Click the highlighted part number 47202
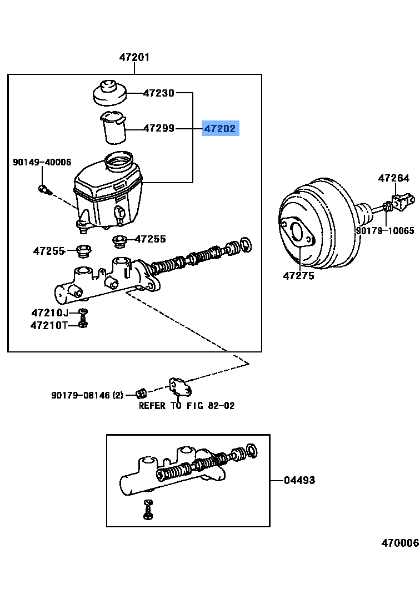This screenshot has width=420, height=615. tap(220, 129)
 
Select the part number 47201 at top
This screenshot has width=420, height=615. tap(134, 57)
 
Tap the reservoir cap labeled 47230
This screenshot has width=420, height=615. tap(109, 93)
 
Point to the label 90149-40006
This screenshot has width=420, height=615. tap(42, 162)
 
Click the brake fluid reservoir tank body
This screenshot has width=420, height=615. tap(108, 191)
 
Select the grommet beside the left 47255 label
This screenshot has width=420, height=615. tap(83, 250)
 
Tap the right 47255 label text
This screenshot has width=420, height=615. tap(151, 239)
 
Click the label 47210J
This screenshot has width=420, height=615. tap(49, 312)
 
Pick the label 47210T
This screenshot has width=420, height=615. tap(48, 325)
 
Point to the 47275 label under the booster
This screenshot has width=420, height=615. tap(298, 276)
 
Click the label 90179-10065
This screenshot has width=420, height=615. tap(385, 230)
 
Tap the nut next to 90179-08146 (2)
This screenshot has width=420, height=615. tap(141, 394)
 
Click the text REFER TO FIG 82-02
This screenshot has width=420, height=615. tap(187, 406)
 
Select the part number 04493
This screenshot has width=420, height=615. tap(299, 480)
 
